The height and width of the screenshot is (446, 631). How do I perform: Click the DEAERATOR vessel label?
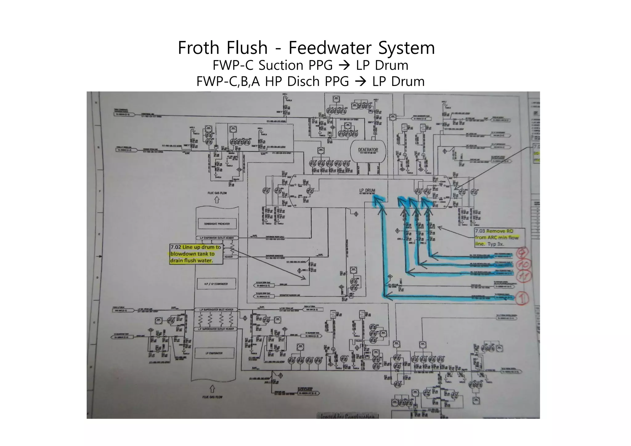point(368,150)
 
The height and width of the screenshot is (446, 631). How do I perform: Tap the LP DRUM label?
point(367,191)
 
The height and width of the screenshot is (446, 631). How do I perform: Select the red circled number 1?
point(523,298)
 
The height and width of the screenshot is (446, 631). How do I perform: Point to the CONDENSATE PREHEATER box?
point(217,224)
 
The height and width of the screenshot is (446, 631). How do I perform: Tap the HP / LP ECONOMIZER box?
point(216,284)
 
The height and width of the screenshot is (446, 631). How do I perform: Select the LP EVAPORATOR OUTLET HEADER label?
point(217,238)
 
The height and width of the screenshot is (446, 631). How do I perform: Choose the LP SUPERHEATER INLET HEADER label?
point(216,310)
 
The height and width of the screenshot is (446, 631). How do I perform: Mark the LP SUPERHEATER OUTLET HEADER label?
point(216,329)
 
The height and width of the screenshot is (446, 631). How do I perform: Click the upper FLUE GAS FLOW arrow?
point(217,200)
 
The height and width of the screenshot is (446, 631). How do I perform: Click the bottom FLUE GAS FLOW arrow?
point(212,389)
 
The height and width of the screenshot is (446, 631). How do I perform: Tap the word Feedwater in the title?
point(329,48)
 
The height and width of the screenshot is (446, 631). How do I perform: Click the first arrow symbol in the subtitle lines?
point(344,66)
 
